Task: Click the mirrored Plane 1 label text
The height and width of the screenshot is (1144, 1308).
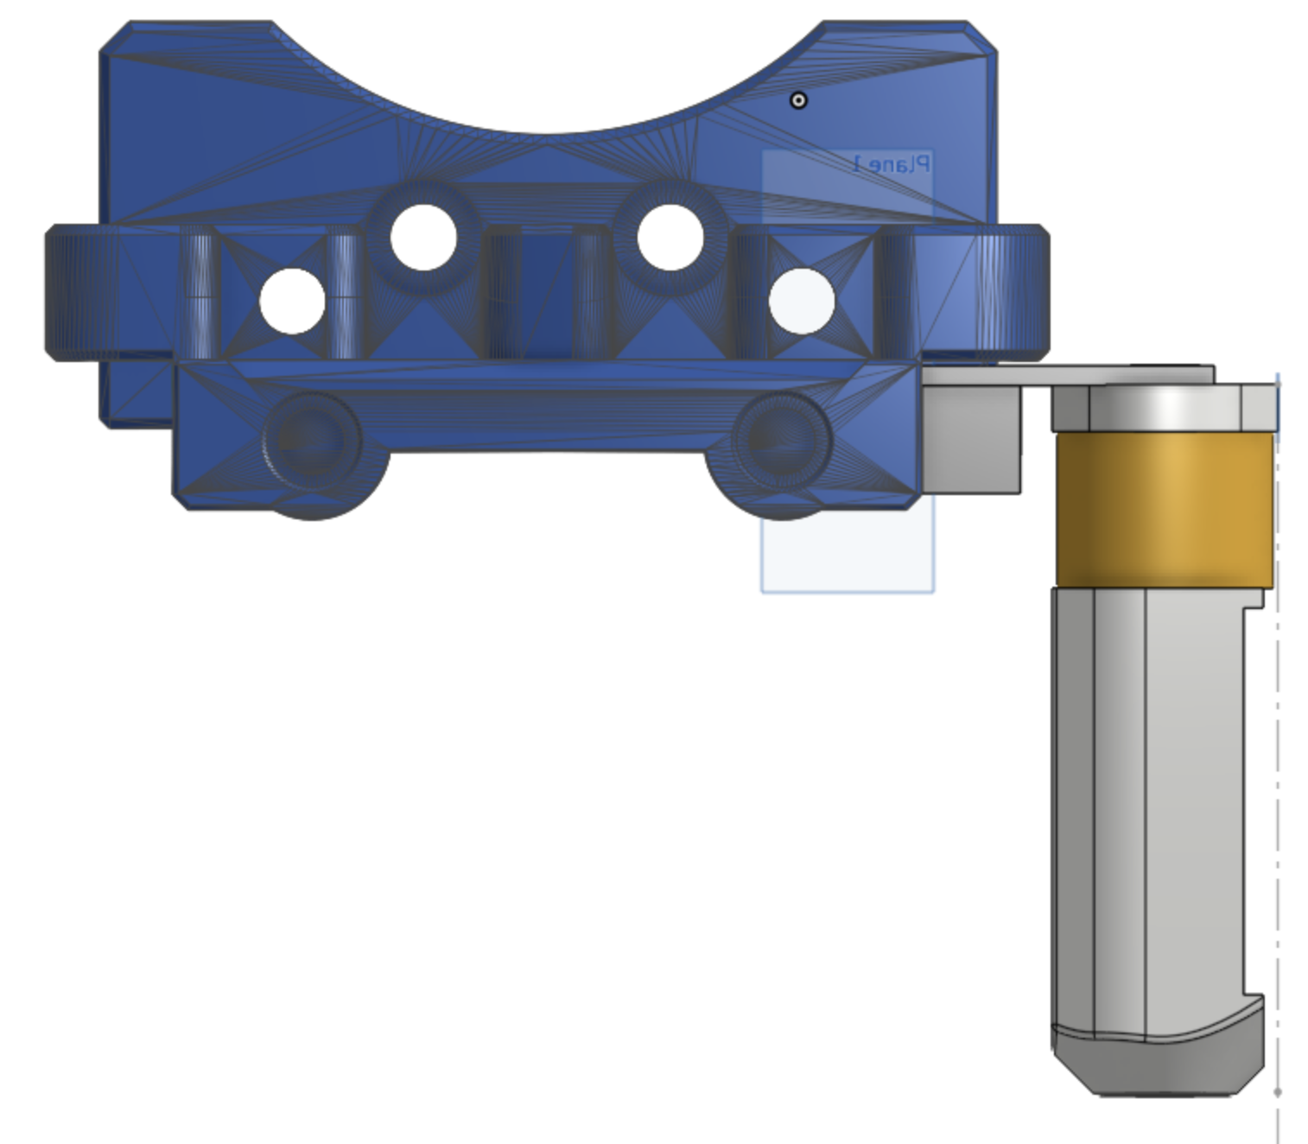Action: tap(892, 163)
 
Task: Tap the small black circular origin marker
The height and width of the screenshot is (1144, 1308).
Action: tap(798, 100)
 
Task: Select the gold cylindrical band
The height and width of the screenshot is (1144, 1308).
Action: tap(1165, 509)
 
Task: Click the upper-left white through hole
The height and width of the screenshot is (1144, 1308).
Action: tap(423, 238)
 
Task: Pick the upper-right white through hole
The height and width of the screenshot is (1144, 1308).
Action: tap(670, 238)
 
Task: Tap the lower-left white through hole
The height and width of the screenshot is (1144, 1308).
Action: tap(292, 302)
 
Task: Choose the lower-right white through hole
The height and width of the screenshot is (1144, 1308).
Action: tap(802, 302)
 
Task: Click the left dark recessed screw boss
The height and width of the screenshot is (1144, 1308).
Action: tap(312, 442)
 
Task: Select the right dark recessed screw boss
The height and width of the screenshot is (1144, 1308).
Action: tap(781, 442)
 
